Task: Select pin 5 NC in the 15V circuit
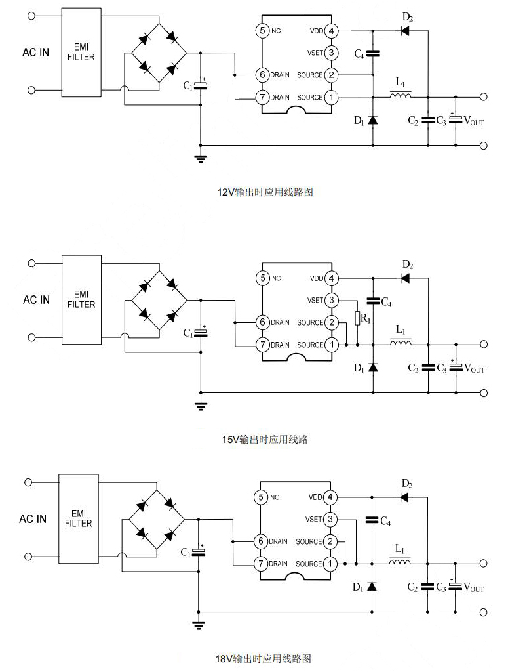click(262, 278)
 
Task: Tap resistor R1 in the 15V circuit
click(357, 319)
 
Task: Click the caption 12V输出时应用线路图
click(265, 192)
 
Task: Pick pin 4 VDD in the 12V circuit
click(332, 31)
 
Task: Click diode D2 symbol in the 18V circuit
click(405, 497)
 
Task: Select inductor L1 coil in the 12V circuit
click(401, 97)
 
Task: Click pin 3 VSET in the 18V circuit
click(331, 520)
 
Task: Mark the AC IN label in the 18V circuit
click(33, 519)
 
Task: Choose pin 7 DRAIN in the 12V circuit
click(262, 97)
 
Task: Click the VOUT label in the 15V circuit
click(474, 369)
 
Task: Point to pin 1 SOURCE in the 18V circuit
click(331, 564)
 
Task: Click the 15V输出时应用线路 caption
click(265, 440)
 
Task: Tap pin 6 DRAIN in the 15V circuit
click(262, 322)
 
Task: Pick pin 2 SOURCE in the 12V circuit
click(332, 75)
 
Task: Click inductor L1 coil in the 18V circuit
click(401, 563)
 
